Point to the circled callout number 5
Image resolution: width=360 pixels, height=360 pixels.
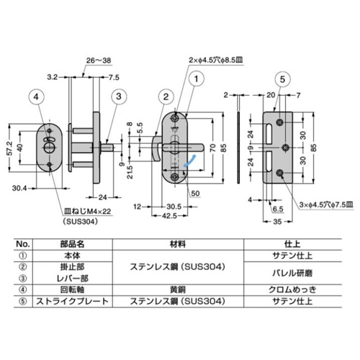[x=282, y=78]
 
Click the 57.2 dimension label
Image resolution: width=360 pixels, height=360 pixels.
[x=6, y=148]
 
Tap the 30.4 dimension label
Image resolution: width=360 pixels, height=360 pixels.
[x=19, y=190]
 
